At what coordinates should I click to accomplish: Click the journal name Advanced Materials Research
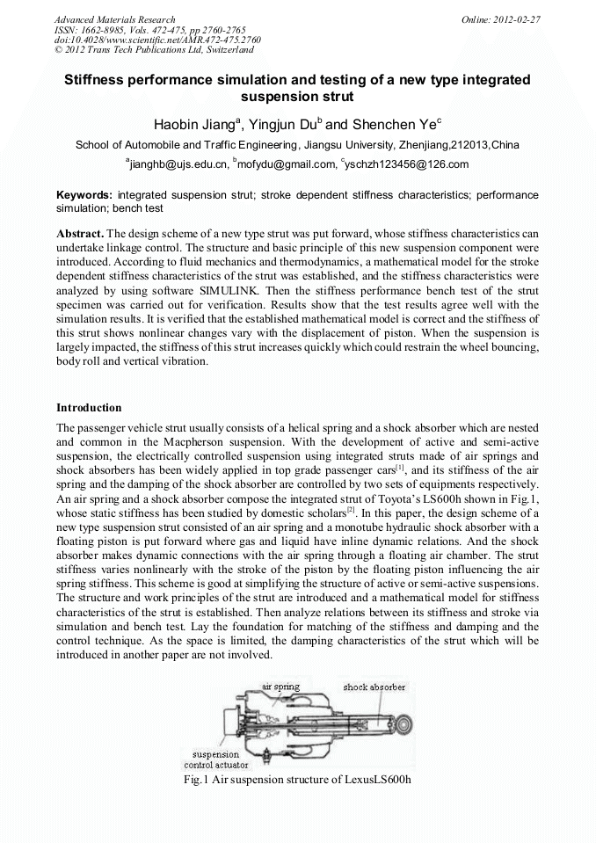point(114,18)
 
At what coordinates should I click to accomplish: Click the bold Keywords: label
point(84,193)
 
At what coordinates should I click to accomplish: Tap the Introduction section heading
point(89,408)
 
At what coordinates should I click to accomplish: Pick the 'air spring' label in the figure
point(280,686)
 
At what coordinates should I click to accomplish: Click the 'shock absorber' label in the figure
point(374,687)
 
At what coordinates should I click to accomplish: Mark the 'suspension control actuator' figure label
point(215,759)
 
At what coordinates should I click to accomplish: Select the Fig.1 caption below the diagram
point(297,780)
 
